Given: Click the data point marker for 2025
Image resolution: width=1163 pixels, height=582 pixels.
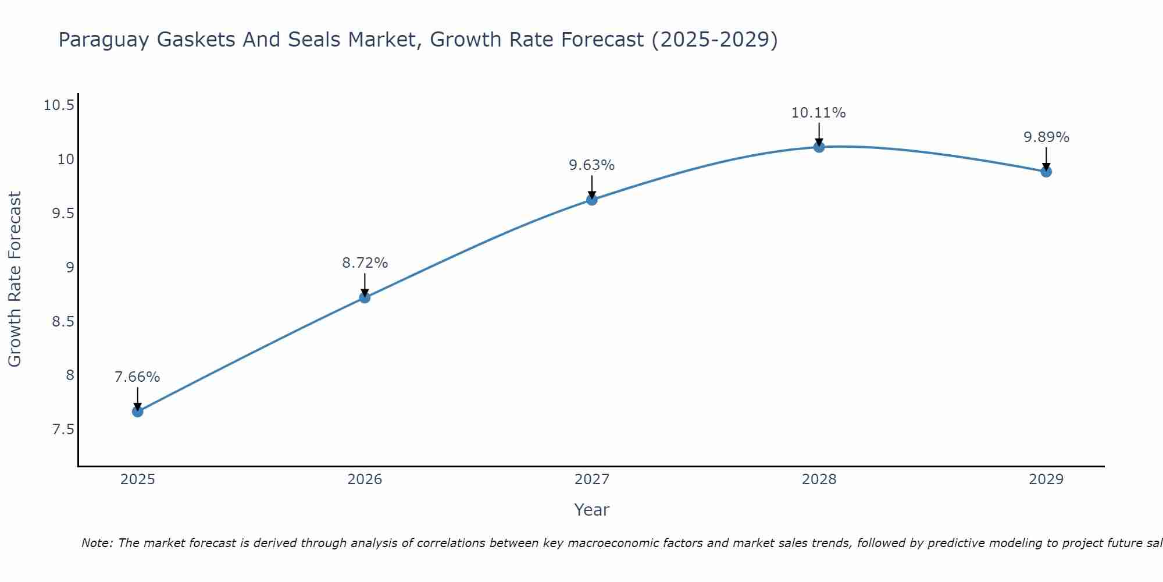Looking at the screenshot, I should coord(138,411).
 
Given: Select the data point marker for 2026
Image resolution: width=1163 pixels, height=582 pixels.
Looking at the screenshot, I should coord(365,297).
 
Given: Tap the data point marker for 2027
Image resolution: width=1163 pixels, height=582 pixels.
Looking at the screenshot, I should coord(592,200).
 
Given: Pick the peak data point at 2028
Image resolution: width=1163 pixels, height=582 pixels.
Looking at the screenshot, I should coord(819,147).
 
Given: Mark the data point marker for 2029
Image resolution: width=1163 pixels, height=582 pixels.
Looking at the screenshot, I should coord(1046,171).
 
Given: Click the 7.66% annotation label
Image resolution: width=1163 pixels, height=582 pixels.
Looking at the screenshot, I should coord(137,377).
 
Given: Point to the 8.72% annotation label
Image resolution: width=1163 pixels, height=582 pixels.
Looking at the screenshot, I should coord(365,263).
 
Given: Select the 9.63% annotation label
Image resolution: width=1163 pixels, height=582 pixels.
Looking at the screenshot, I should coord(592,165).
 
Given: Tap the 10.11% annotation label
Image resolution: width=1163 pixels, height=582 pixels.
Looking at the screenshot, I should coord(818,113).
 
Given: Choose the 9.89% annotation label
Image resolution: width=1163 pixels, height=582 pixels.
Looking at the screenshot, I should coord(1046,137).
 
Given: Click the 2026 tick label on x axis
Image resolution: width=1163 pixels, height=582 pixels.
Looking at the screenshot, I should coord(365,480).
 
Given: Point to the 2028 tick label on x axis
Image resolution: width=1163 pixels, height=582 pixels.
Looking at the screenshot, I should coord(819,480).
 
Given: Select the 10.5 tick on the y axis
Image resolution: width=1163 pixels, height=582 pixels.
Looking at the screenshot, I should coord(59,105).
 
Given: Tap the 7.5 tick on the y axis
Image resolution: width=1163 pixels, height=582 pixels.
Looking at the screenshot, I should coord(63,430).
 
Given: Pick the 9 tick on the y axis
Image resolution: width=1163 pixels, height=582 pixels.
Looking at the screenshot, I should coord(70,268).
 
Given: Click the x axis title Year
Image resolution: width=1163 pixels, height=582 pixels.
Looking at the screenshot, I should coord(591,510).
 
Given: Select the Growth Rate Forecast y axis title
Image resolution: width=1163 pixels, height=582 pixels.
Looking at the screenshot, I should coord(15,279).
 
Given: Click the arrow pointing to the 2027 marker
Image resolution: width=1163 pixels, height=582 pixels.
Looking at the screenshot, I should coord(592,186).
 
